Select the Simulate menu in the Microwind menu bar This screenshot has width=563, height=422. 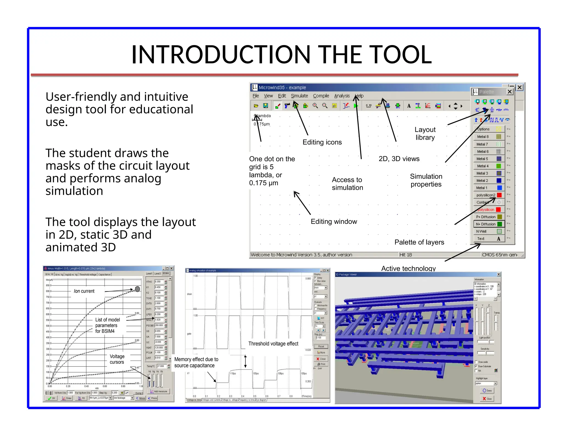click(x=299, y=96)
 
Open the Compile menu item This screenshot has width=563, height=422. click(x=321, y=96)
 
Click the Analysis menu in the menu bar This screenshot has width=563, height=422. click(x=342, y=96)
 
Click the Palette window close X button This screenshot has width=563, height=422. click(x=509, y=92)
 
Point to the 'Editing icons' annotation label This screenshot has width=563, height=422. click(x=322, y=142)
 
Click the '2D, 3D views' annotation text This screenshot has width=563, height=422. click(x=399, y=159)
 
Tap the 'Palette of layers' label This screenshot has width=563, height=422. click(x=419, y=242)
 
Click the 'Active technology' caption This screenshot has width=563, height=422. click(x=408, y=268)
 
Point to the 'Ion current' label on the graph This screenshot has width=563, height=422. click(x=84, y=291)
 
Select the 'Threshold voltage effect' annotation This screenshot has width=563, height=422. click(x=273, y=344)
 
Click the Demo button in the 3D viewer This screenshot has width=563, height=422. click(x=487, y=390)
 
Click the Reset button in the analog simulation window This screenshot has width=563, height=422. click(x=321, y=346)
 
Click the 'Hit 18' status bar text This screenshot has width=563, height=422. click(x=405, y=255)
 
